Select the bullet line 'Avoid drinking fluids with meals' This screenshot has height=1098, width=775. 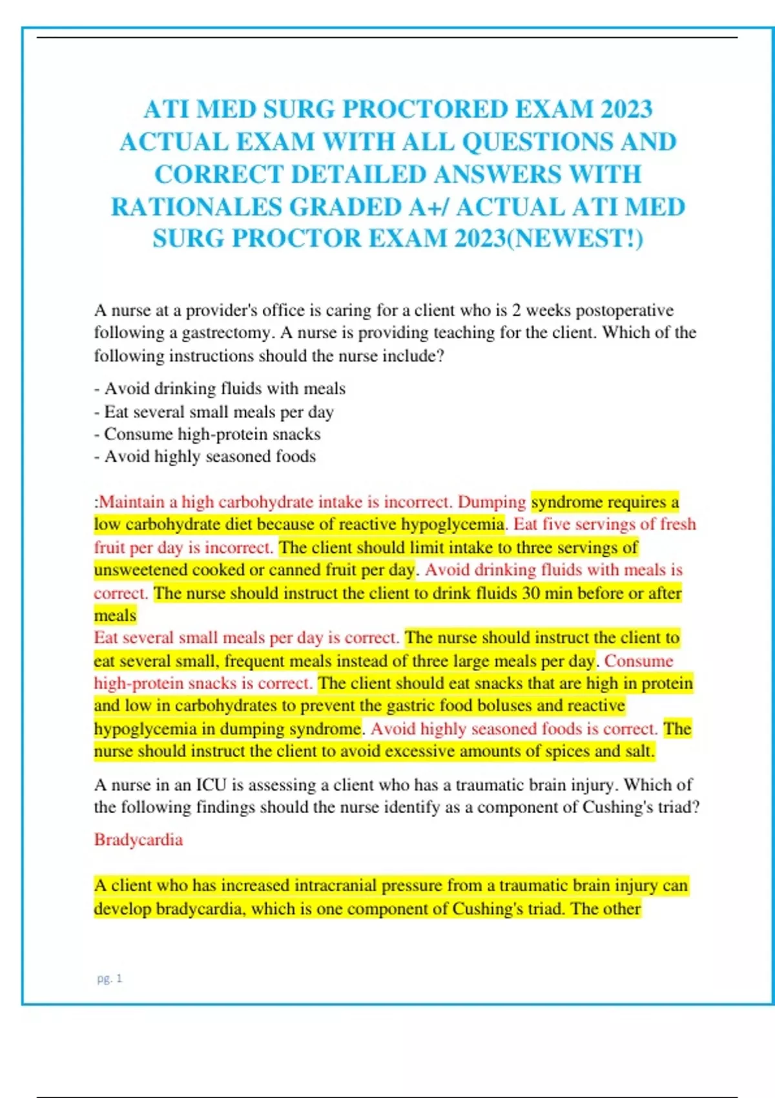click(220, 389)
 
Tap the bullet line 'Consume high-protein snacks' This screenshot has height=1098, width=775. click(207, 434)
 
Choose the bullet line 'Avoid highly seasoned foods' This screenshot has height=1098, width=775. click(205, 457)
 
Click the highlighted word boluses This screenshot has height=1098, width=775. click(504, 705)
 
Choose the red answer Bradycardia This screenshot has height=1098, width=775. click(138, 840)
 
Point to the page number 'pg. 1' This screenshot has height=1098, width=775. click(109, 979)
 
